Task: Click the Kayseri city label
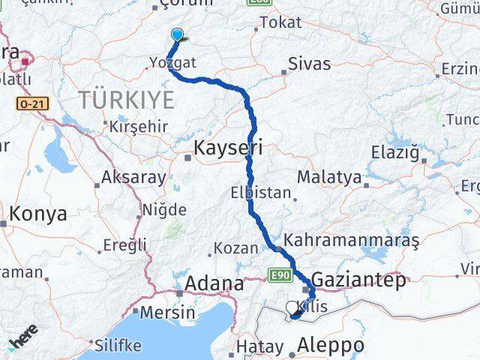pos(228,148)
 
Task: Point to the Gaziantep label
pos(358,280)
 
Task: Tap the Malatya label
pos(329,177)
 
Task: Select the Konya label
pos(37,214)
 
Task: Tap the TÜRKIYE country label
pos(127,99)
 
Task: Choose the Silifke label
pos(118,345)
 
